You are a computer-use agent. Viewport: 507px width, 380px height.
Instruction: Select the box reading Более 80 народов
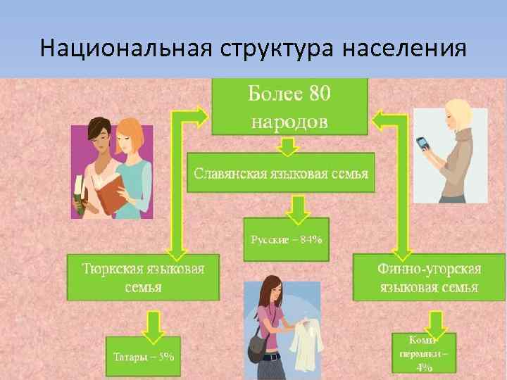click(x=289, y=106)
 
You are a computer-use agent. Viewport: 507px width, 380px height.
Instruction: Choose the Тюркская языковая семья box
click(x=143, y=277)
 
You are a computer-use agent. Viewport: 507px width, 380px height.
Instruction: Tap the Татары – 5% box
click(x=144, y=356)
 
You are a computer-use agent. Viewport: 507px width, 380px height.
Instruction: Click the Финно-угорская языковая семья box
click(x=430, y=277)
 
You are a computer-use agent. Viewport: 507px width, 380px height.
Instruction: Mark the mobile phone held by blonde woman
click(x=423, y=145)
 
